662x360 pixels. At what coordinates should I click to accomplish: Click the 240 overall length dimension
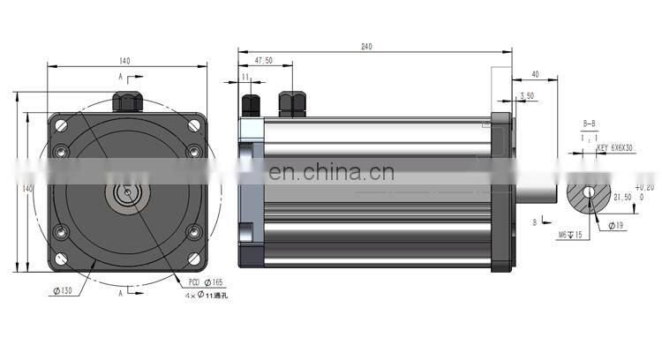365,46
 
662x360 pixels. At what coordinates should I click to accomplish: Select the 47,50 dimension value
263,61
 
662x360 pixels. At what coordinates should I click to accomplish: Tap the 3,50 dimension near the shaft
527,94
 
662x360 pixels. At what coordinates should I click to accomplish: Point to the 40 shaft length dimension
536,74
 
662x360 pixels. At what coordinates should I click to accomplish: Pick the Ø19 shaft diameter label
615,226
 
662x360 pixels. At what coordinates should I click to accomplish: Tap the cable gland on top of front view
127,97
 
